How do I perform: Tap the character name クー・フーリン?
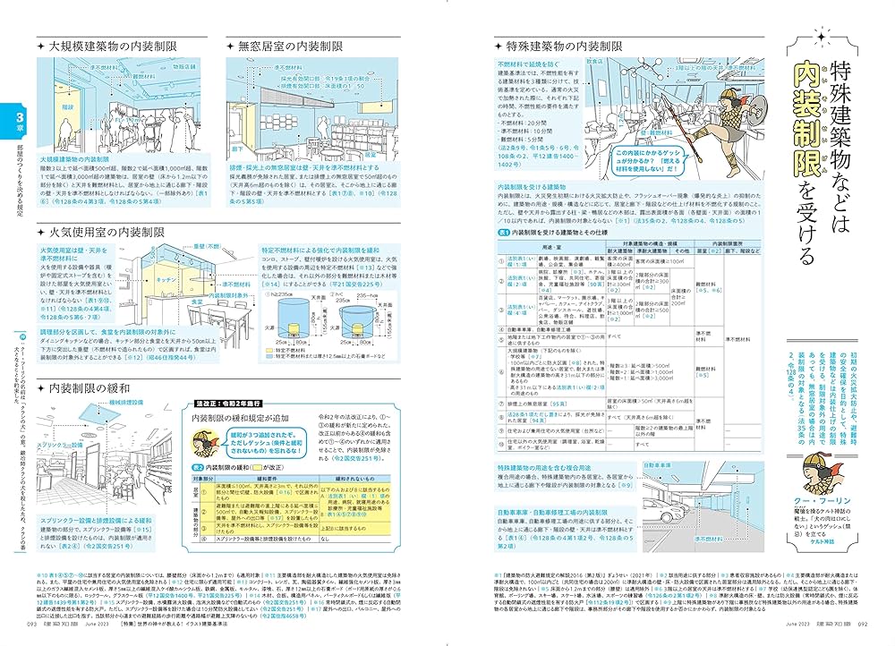[823, 504]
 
